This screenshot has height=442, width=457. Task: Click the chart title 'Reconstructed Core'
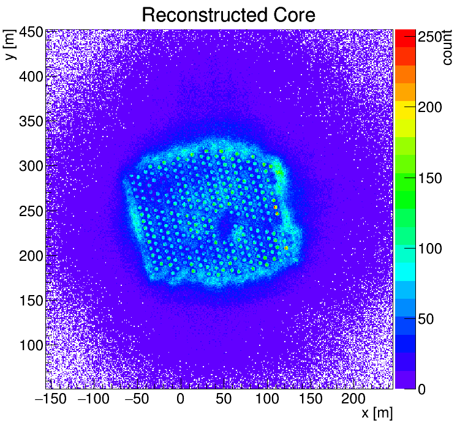(x=228, y=15)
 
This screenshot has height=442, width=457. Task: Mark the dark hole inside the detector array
(x=225, y=227)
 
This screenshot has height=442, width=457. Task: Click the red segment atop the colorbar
(x=406, y=38)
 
